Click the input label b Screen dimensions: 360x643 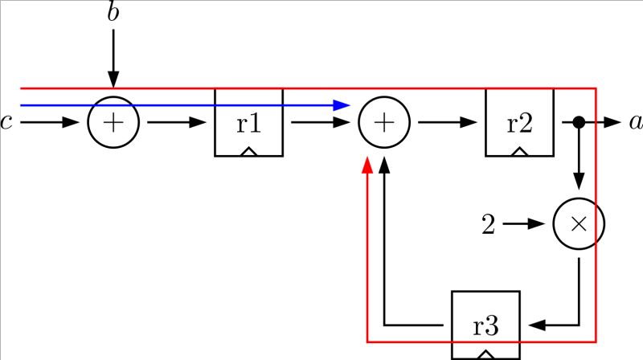[x=113, y=13]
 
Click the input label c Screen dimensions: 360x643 [x=6, y=123]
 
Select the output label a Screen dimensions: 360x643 [x=635, y=123]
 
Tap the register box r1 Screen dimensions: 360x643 [x=248, y=122]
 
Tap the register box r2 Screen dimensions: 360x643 [x=519, y=122]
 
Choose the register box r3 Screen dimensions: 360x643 [x=485, y=325]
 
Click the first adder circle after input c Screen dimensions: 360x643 [x=113, y=123]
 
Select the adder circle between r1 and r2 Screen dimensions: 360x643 [x=384, y=123]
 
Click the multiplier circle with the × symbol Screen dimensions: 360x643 [x=578, y=224]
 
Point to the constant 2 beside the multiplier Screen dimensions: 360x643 [x=488, y=225]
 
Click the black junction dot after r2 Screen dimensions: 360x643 [x=578, y=123]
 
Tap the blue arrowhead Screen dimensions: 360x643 [x=343, y=105]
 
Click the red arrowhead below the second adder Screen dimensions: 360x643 [x=367, y=165]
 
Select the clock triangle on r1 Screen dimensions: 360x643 [x=248, y=151]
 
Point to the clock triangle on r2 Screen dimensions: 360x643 [x=519, y=151]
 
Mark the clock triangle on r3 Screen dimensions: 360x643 [x=485, y=353]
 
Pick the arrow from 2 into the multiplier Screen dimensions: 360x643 [x=526, y=225]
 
